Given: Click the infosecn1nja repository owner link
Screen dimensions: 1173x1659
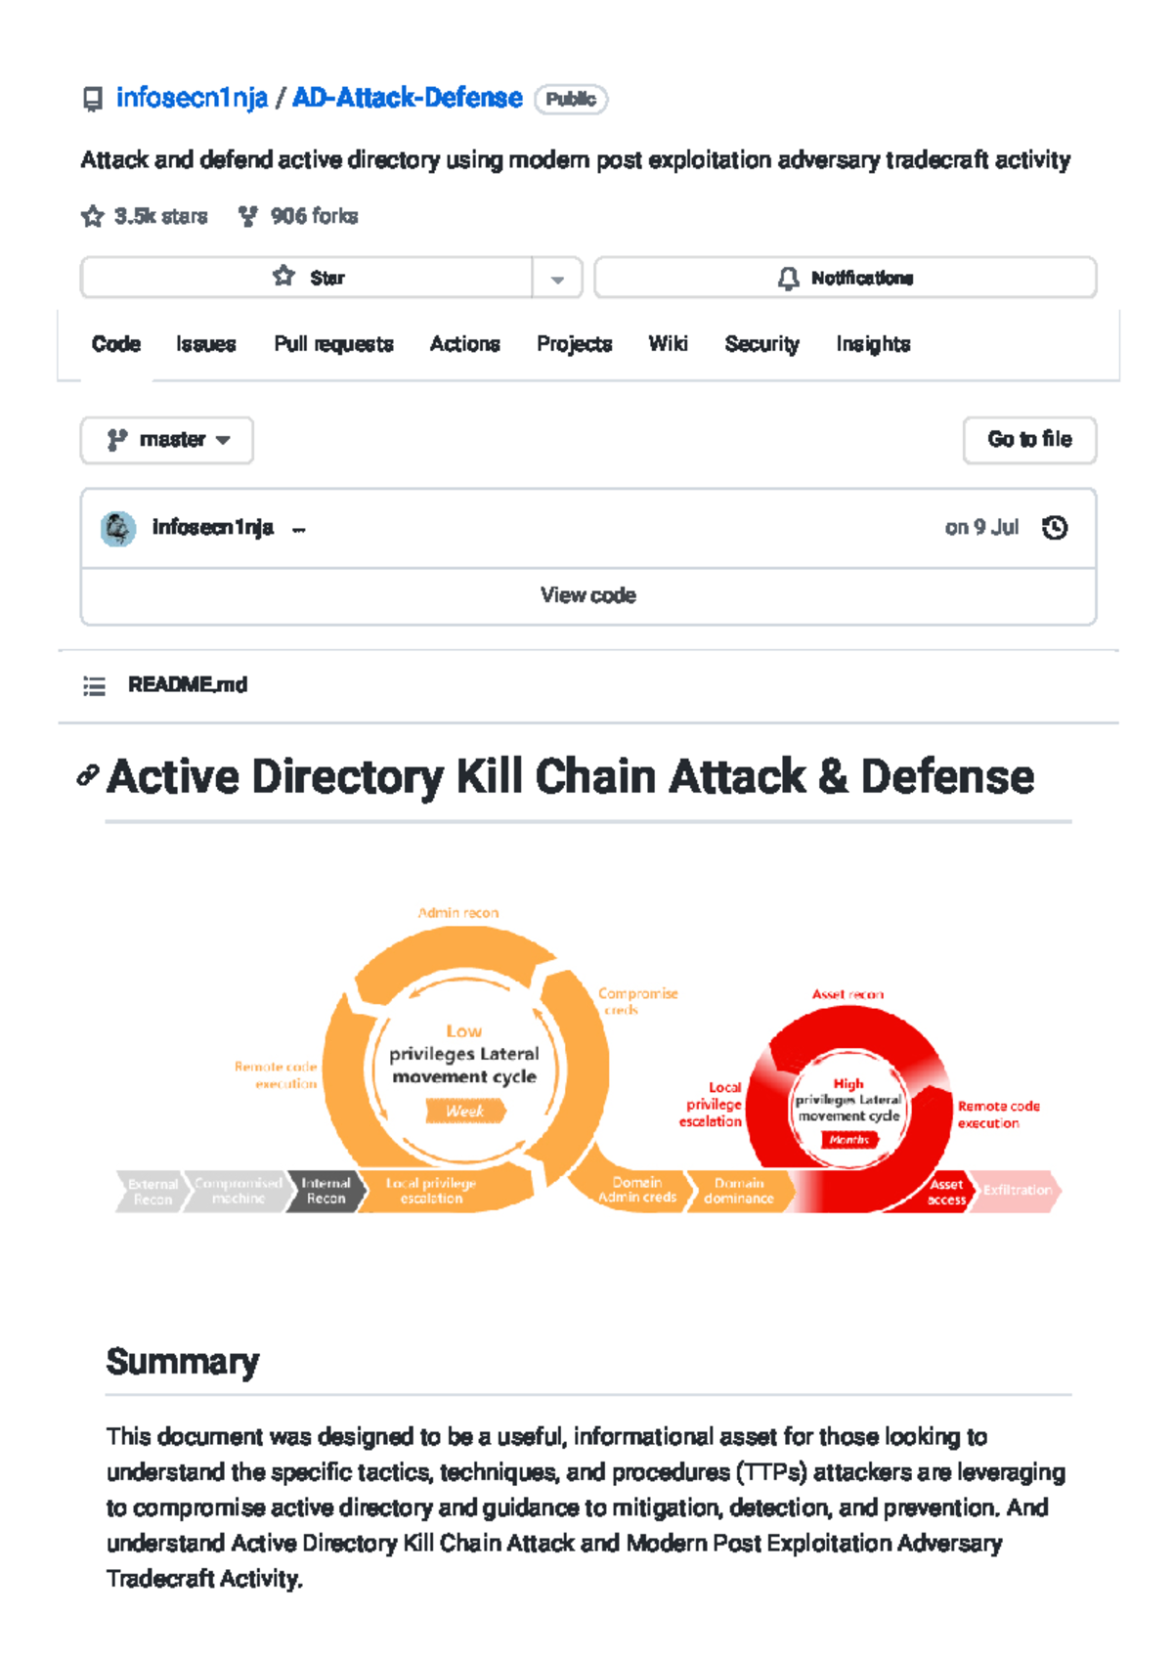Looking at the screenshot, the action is point(192,99).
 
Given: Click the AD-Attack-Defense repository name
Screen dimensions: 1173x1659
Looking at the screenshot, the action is point(408,99).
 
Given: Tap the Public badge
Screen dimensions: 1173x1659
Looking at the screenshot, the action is point(571,100).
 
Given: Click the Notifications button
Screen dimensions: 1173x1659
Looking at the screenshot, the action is point(846,279).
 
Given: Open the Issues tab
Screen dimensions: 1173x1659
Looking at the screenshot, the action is point(206,344).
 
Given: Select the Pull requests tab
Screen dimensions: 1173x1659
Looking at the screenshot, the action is point(333,344).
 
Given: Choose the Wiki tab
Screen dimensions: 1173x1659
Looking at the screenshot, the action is point(668,344).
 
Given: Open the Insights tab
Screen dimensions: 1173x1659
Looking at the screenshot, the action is point(873,344).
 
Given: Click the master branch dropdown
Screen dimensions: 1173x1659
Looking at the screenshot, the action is point(167,440).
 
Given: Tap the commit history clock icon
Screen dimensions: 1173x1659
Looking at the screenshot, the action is point(1055,528).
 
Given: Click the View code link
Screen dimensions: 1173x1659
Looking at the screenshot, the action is point(587,595).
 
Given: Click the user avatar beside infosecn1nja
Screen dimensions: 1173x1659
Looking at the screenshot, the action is point(118,529).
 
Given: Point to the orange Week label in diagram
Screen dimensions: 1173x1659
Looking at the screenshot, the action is point(465,1111).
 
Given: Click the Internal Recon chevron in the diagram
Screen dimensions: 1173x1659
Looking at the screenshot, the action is point(326,1191).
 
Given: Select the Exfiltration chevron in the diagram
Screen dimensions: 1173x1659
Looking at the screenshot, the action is point(1017,1191).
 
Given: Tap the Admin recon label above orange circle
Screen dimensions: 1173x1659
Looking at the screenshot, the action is point(458,913).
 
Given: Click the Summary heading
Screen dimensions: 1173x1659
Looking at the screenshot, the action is point(183,1362).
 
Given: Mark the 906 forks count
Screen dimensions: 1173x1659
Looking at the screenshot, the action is point(314,216).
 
